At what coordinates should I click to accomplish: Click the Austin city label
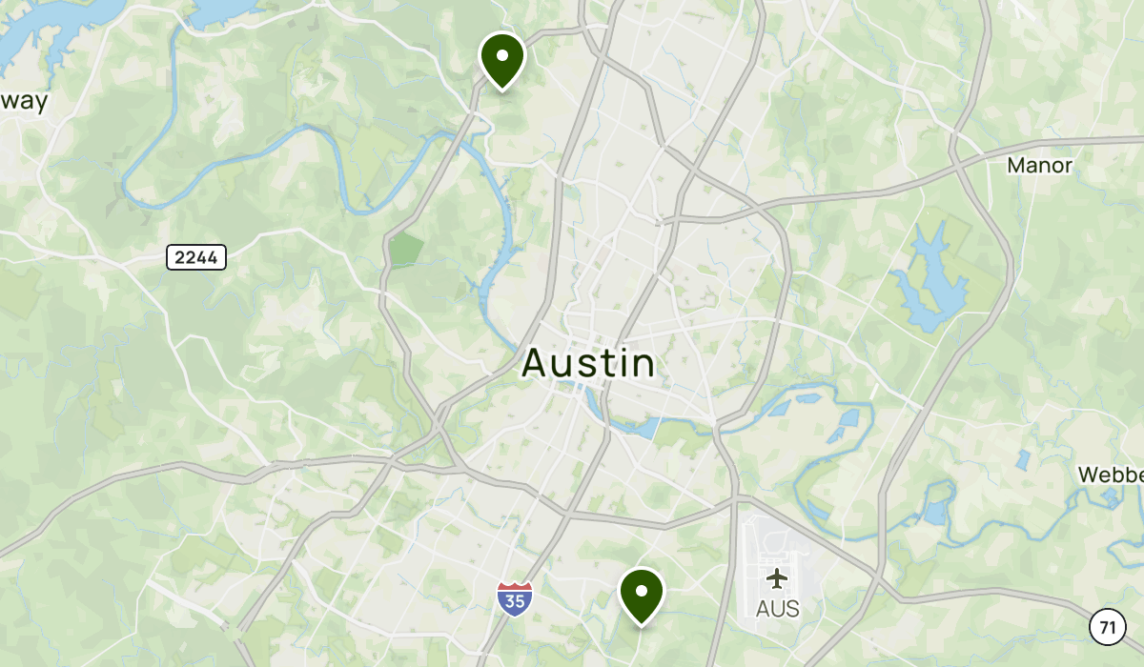pos(589,364)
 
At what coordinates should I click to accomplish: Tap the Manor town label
pos(1039,166)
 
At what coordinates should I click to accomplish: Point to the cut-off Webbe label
pos(1111,475)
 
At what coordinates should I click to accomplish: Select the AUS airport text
pos(777,608)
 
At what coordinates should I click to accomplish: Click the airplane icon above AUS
pos(777,578)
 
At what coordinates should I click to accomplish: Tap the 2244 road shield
pos(195,256)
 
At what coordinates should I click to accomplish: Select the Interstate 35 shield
pos(514,598)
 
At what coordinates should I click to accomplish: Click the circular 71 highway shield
pos(1106,627)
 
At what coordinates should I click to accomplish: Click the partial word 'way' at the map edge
pos(24,103)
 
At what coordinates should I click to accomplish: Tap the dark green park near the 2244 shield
pos(406,251)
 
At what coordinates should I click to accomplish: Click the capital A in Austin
pos(535,364)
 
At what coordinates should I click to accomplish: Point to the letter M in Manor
pos(1016,166)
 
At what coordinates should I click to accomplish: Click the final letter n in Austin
pos(644,364)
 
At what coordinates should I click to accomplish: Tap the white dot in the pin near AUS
pos(642,588)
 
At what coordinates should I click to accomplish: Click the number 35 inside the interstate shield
pos(514,601)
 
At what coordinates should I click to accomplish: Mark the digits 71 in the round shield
pos(1106,627)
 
